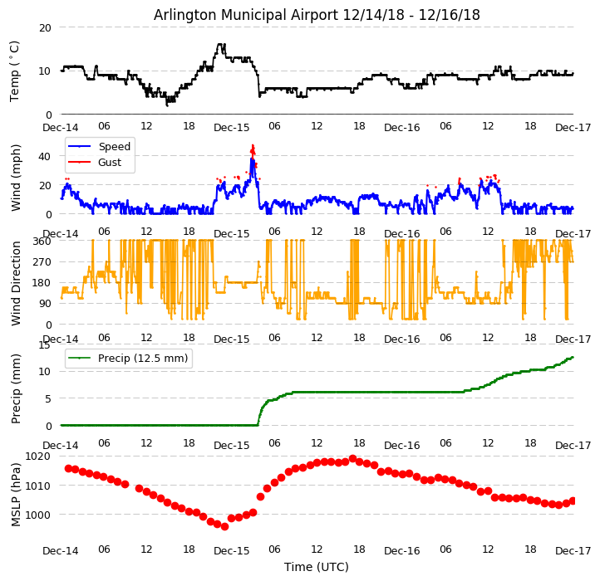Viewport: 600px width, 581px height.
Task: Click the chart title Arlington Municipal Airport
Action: click(317, 15)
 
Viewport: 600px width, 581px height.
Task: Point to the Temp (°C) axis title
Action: click(15, 71)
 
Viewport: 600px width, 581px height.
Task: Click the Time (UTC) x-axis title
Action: click(317, 567)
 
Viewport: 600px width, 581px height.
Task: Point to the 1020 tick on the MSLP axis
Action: click(38, 456)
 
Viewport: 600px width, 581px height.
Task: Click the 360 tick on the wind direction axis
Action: click(42, 241)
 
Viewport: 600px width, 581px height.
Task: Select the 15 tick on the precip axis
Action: click(46, 344)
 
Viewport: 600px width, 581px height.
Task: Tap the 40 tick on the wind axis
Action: click(46, 154)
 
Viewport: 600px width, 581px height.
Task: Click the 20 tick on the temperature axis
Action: click(45, 27)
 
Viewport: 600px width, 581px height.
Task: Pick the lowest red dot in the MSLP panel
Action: click(224, 526)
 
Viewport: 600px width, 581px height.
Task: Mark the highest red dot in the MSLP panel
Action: click(352, 458)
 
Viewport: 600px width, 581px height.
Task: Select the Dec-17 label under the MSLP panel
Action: click(573, 550)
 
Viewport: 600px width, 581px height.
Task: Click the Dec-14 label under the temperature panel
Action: click(61, 128)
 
